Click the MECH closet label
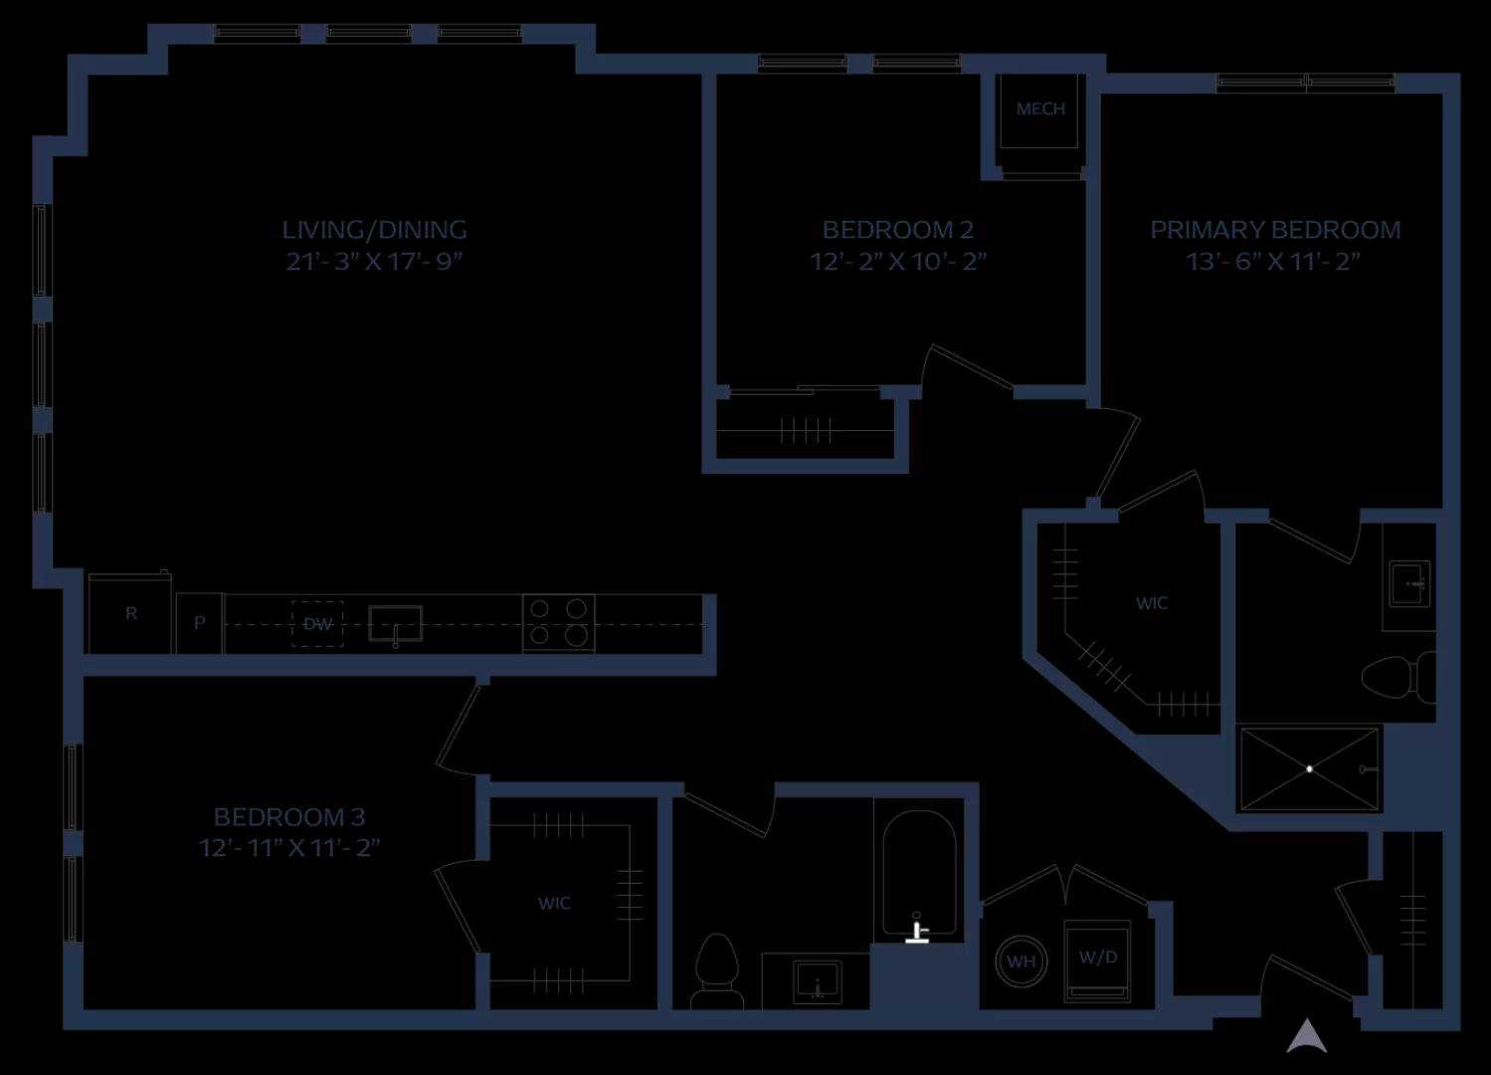pos(1040,108)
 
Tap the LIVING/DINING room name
pos(374,230)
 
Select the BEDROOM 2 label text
pos(898,230)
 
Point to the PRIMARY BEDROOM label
pos(1275,230)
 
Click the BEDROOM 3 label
pos(289,816)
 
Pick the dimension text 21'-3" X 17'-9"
pos(374,261)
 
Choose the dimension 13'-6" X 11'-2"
pos(1273,261)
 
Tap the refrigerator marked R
pos(130,613)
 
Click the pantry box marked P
pos(200,623)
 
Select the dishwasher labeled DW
pos(317,624)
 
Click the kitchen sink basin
pos(396,624)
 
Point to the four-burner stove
pos(558,623)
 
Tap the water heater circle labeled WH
pos(1022,962)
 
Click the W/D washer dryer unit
pos(1098,961)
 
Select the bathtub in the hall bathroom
pos(920,873)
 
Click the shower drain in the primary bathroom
pos(1309,768)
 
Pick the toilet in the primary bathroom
pos(1398,677)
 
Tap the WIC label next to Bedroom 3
pos(554,903)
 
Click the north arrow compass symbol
pos(1307,1036)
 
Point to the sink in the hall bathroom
pos(818,981)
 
